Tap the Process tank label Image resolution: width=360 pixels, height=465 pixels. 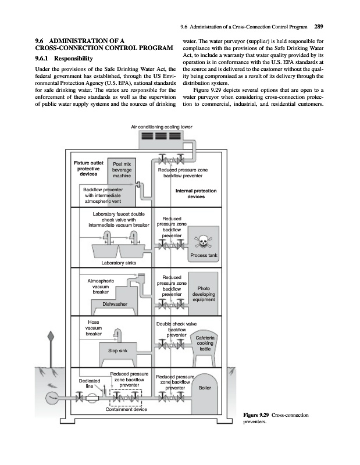(204, 256)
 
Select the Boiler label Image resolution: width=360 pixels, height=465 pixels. (205, 388)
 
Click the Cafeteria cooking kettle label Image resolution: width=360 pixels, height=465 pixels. (205, 343)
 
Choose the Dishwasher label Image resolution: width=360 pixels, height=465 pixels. (115, 304)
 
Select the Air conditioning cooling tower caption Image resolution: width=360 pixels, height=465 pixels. (161, 127)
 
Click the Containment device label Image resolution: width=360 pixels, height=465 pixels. (126, 410)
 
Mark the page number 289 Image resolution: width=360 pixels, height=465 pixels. (319, 26)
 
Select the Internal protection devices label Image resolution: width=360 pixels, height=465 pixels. (196, 194)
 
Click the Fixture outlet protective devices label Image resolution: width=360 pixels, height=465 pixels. (88, 167)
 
